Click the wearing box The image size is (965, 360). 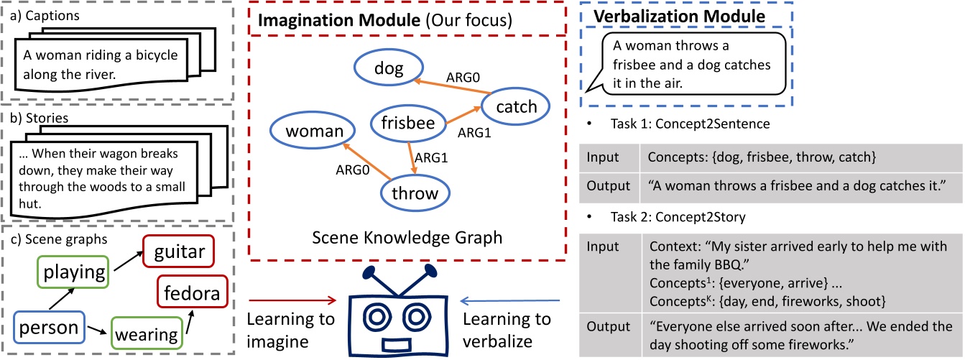coord(147,334)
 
